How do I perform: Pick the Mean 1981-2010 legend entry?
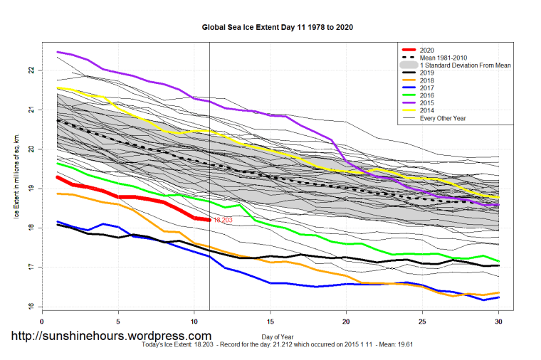click(442, 57)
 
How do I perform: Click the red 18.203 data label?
click(223, 221)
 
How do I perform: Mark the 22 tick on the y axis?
click(31, 70)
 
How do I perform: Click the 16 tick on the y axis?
click(31, 307)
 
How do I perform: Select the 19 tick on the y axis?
click(31, 189)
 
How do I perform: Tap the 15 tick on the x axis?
click(270, 322)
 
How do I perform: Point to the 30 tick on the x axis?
click(498, 322)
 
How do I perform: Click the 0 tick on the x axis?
click(43, 322)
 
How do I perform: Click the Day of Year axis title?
click(270, 336)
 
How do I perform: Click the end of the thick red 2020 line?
click(209, 220)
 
